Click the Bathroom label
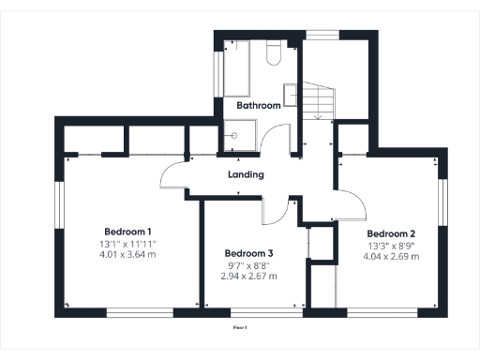tap(258, 106)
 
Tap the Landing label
tap(246, 174)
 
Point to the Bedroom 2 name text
tap(391, 233)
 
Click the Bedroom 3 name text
tap(248, 253)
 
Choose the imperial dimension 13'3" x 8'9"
tap(391, 245)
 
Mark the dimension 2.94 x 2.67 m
tap(248, 277)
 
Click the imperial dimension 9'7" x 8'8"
tap(248, 265)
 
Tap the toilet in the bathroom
tap(273, 53)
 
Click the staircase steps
tap(321, 99)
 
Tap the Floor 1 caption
tap(240, 329)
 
